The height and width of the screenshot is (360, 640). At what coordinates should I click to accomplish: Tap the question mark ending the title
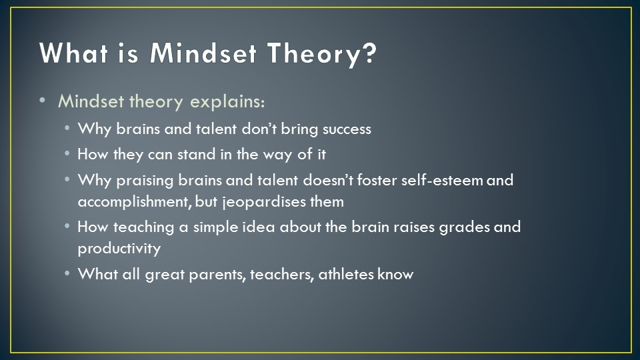369,52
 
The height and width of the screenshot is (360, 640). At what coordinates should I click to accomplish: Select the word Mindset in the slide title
203,53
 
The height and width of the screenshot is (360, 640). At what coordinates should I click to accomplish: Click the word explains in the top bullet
227,102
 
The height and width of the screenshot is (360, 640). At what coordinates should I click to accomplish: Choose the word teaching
144,227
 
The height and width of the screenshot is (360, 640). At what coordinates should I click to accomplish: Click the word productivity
119,249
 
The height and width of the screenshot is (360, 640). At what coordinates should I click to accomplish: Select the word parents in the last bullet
217,275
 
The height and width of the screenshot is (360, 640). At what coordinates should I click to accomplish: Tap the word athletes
346,274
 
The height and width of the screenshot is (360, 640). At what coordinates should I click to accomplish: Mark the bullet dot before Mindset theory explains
43,101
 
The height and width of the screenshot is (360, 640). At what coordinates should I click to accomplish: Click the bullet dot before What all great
67,273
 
